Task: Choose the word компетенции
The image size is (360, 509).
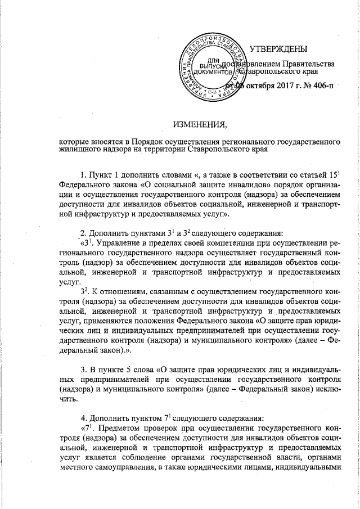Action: (218, 244)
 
